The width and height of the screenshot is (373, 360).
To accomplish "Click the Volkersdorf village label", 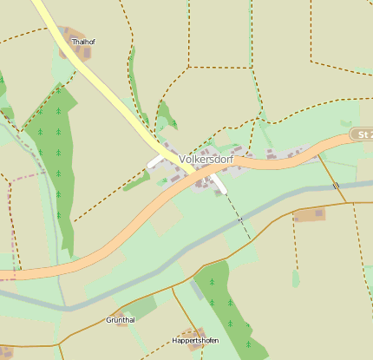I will (206, 160).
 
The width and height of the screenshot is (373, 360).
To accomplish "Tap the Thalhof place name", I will (83, 41).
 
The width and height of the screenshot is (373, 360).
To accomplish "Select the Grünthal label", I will (120, 320).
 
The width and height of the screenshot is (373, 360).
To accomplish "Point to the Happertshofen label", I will (194, 341).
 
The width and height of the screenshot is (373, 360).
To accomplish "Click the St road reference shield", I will (363, 135).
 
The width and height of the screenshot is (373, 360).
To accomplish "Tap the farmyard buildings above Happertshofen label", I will (194, 332).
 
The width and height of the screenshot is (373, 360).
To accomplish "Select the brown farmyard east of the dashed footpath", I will (310, 214).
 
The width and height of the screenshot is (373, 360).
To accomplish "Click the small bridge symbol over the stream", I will (336, 186).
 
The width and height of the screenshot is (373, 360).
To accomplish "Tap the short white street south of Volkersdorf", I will (219, 186).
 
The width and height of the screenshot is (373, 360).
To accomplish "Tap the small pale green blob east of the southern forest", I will (296, 278).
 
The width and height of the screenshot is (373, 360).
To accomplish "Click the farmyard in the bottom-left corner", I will (6, 350).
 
